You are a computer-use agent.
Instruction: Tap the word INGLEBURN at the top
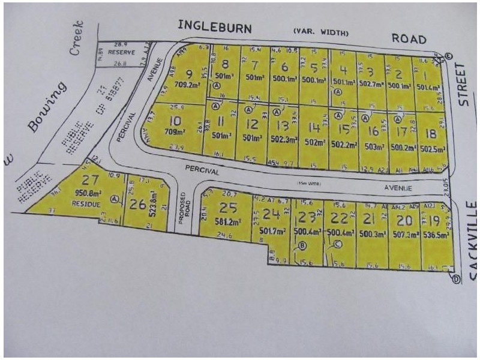[214, 26]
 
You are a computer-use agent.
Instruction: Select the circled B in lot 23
[302, 244]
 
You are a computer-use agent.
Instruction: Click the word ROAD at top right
[409, 38]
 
